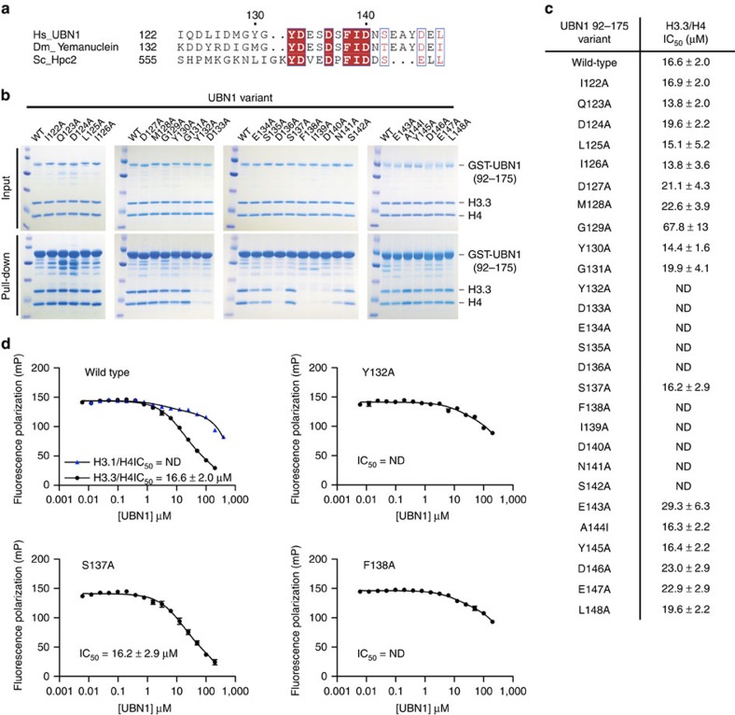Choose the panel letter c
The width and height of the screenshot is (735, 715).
tap(540, 7)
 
